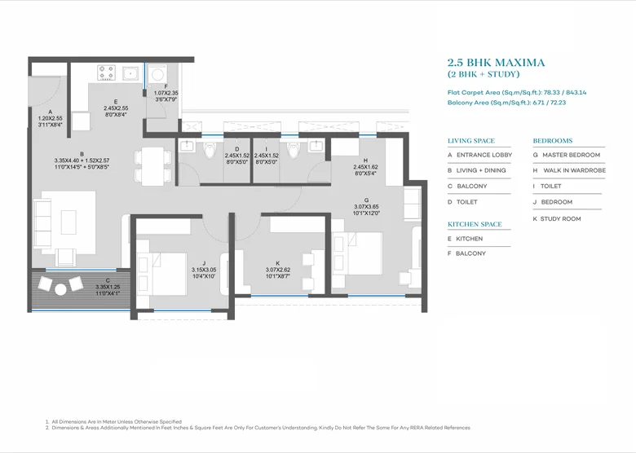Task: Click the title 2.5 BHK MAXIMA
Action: (x=496, y=63)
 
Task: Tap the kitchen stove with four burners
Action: (x=106, y=73)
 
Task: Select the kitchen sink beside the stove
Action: (x=130, y=74)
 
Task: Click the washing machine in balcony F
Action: (x=157, y=75)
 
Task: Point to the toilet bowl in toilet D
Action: (x=210, y=151)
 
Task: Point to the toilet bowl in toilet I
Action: (x=293, y=151)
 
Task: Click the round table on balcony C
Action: (x=61, y=289)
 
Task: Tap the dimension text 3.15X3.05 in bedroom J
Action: (x=204, y=270)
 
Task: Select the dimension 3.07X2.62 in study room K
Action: (x=278, y=270)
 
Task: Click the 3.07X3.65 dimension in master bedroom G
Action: (x=366, y=207)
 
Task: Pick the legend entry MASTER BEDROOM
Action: (x=571, y=155)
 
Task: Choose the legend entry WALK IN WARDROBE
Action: (x=574, y=170)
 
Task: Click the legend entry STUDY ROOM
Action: (x=560, y=219)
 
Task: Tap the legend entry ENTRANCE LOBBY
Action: (x=484, y=155)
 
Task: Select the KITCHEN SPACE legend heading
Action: (x=475, y=224)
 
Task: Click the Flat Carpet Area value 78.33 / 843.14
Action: (x=564, y=92)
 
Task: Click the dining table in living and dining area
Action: (x=152, y=166)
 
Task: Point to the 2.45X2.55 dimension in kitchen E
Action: (x=116, y=108)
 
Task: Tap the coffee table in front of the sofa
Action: (x=68, y=222)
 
